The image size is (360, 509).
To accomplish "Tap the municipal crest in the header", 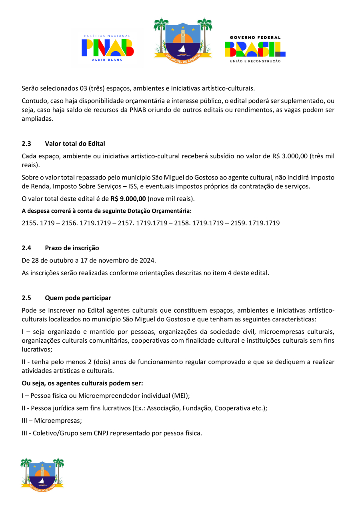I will click(x=183, y=39).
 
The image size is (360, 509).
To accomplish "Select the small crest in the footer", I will click(x=42, y=475).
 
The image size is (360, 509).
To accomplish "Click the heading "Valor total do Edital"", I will click(x=75, y=144).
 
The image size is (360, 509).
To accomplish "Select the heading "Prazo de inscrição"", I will click(x=72, y=248).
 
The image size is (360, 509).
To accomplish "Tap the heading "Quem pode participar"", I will click(x=78, y=298).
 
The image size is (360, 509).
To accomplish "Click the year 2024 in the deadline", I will click(x=147, y=260).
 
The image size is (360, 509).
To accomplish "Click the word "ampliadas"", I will click(x=37, y=119).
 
